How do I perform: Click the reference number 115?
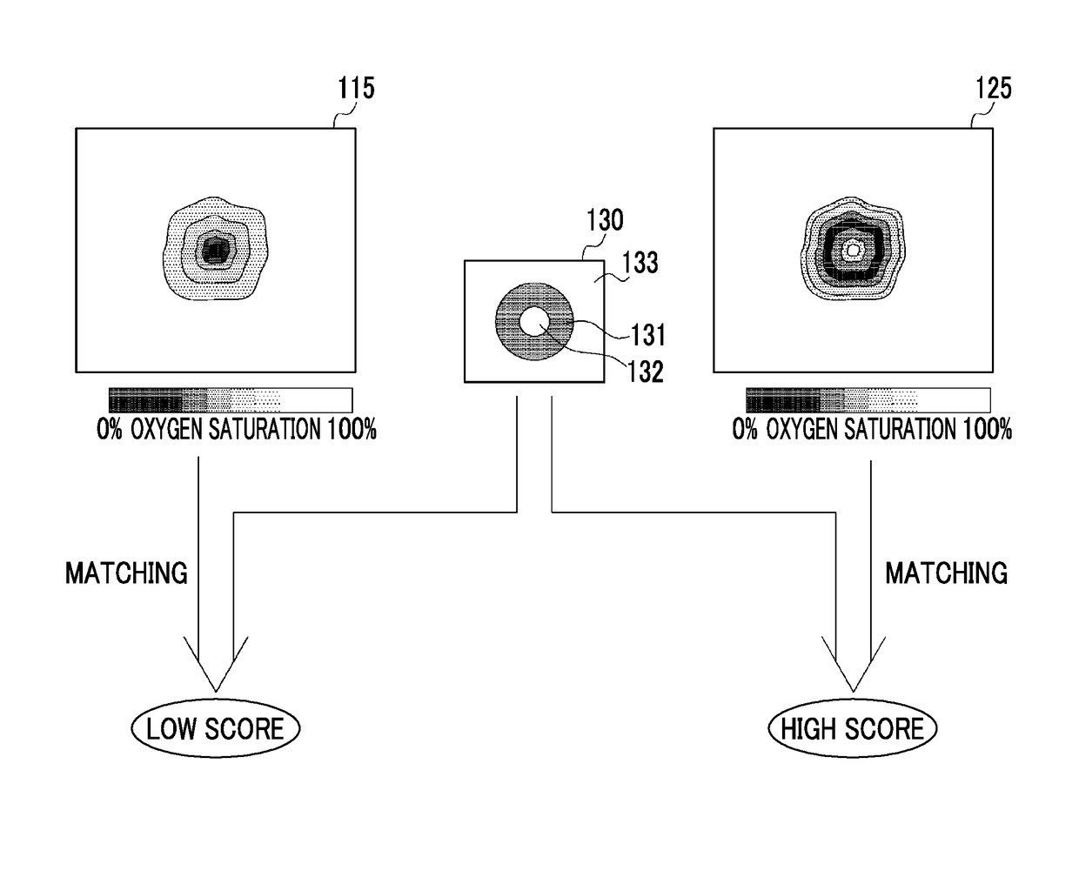[x=357, y=89]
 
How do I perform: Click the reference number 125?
[x=994, y=89]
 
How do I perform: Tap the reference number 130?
[x=605, y=220]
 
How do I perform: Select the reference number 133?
[x=640, y=263]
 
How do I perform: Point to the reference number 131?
[x=648, y=335]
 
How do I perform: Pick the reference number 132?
[x=646, y=372]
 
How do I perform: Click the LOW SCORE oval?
[x=215, y=728]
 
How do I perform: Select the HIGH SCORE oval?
[x=852, y=728]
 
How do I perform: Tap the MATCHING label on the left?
[x=126, y=573]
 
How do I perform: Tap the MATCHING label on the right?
[x=946, y=573]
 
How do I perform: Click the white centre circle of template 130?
[x=534, y=323]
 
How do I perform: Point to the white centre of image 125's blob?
[x=854, y=250]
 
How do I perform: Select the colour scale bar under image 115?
[x=231, y=400]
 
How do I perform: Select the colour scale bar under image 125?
[x=868, y=400]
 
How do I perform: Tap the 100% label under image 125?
[x=985, y=430]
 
